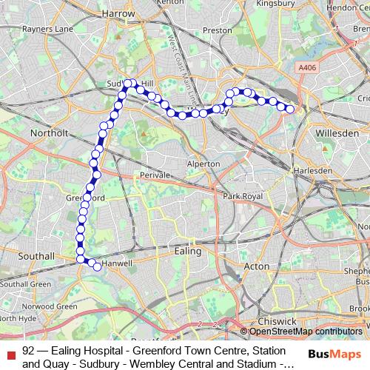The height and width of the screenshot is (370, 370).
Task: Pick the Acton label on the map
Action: (257, 266)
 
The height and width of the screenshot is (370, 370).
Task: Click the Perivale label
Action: (155, 175)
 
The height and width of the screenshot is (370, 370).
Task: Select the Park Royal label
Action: (243, 197)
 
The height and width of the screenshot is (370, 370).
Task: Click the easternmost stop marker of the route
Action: (290, 110)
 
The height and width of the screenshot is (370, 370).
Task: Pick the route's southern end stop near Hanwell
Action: (97, 266)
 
